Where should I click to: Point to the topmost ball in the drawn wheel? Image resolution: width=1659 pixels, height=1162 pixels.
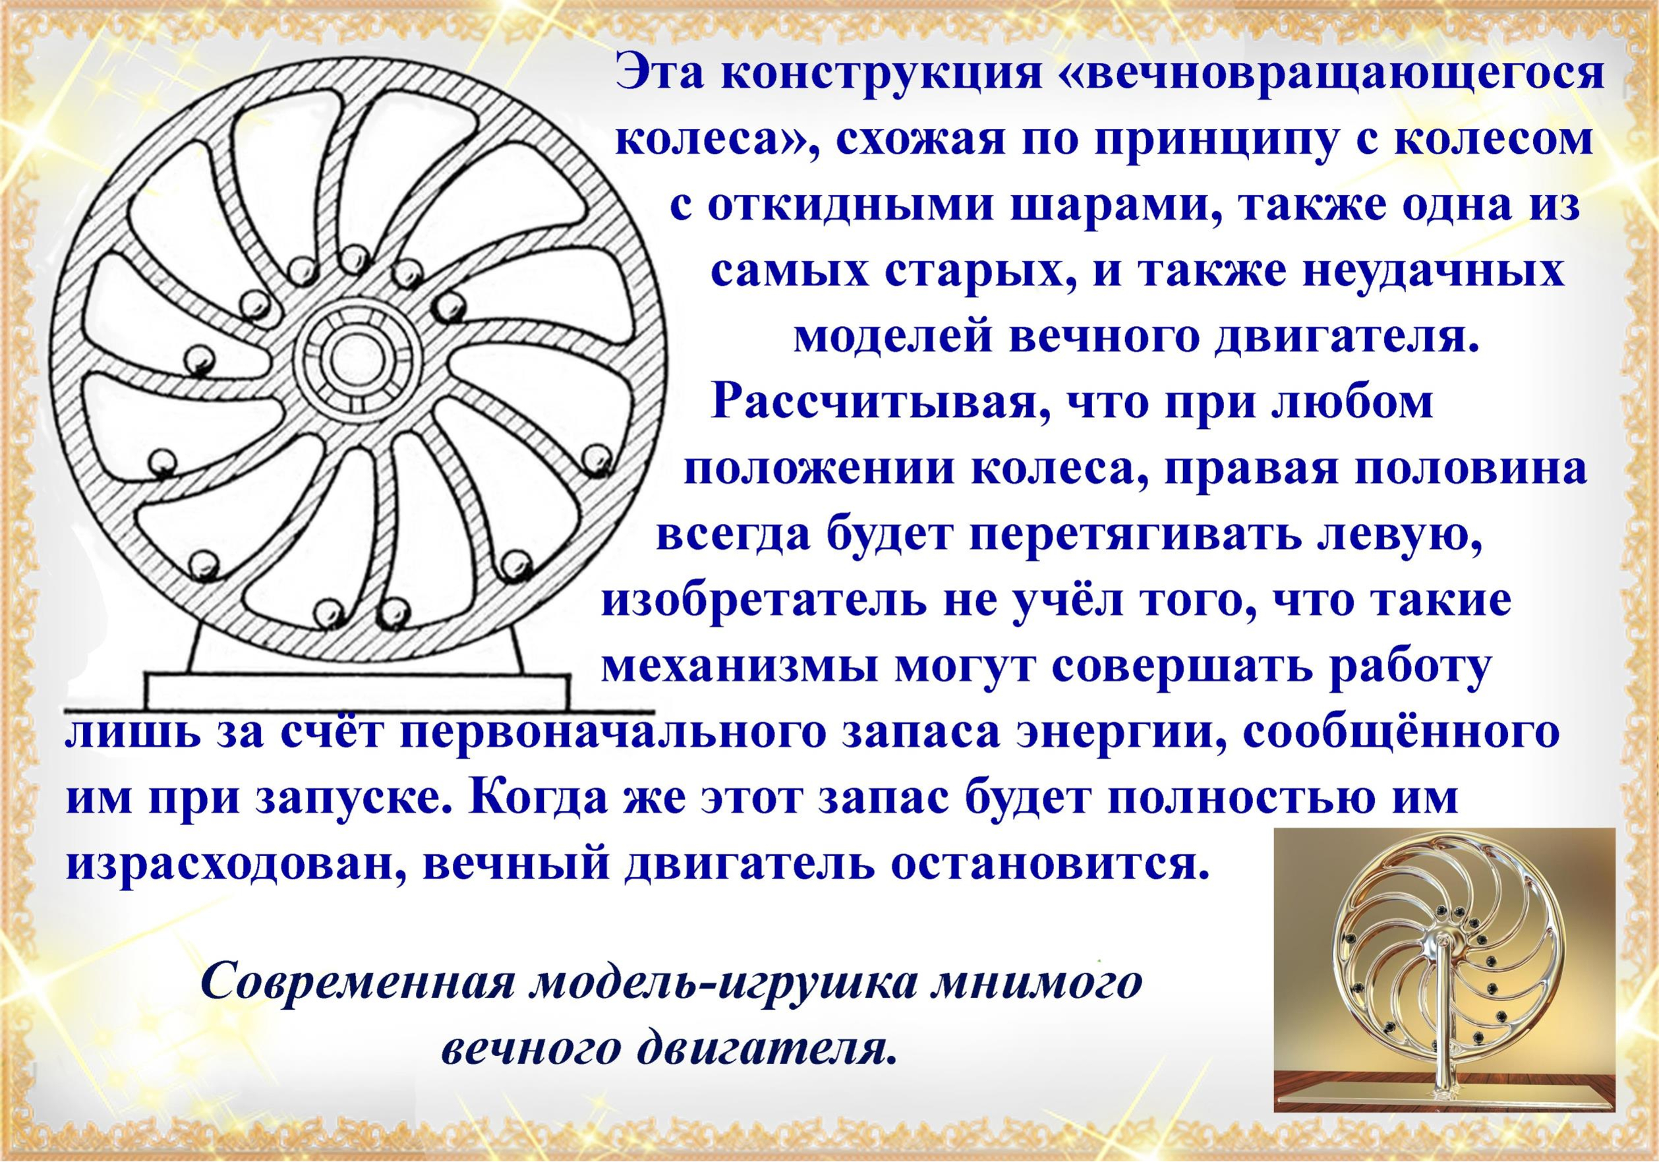[354, 258]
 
